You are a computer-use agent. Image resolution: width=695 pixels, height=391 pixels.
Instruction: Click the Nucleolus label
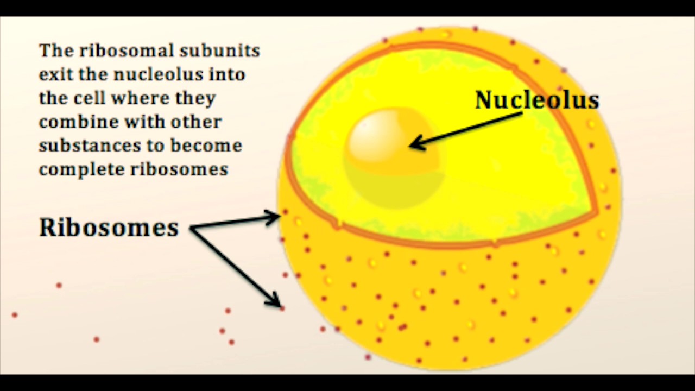(x=537, y=100)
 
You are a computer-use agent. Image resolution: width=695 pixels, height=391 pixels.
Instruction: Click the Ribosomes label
(x=109, y=227)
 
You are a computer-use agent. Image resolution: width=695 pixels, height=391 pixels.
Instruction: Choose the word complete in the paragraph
(x=81, y=169)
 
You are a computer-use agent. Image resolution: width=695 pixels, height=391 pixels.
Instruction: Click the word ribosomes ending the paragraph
(x=180, y=169)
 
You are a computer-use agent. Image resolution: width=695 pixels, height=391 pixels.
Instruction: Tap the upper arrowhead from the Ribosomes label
(x=274, y=218)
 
